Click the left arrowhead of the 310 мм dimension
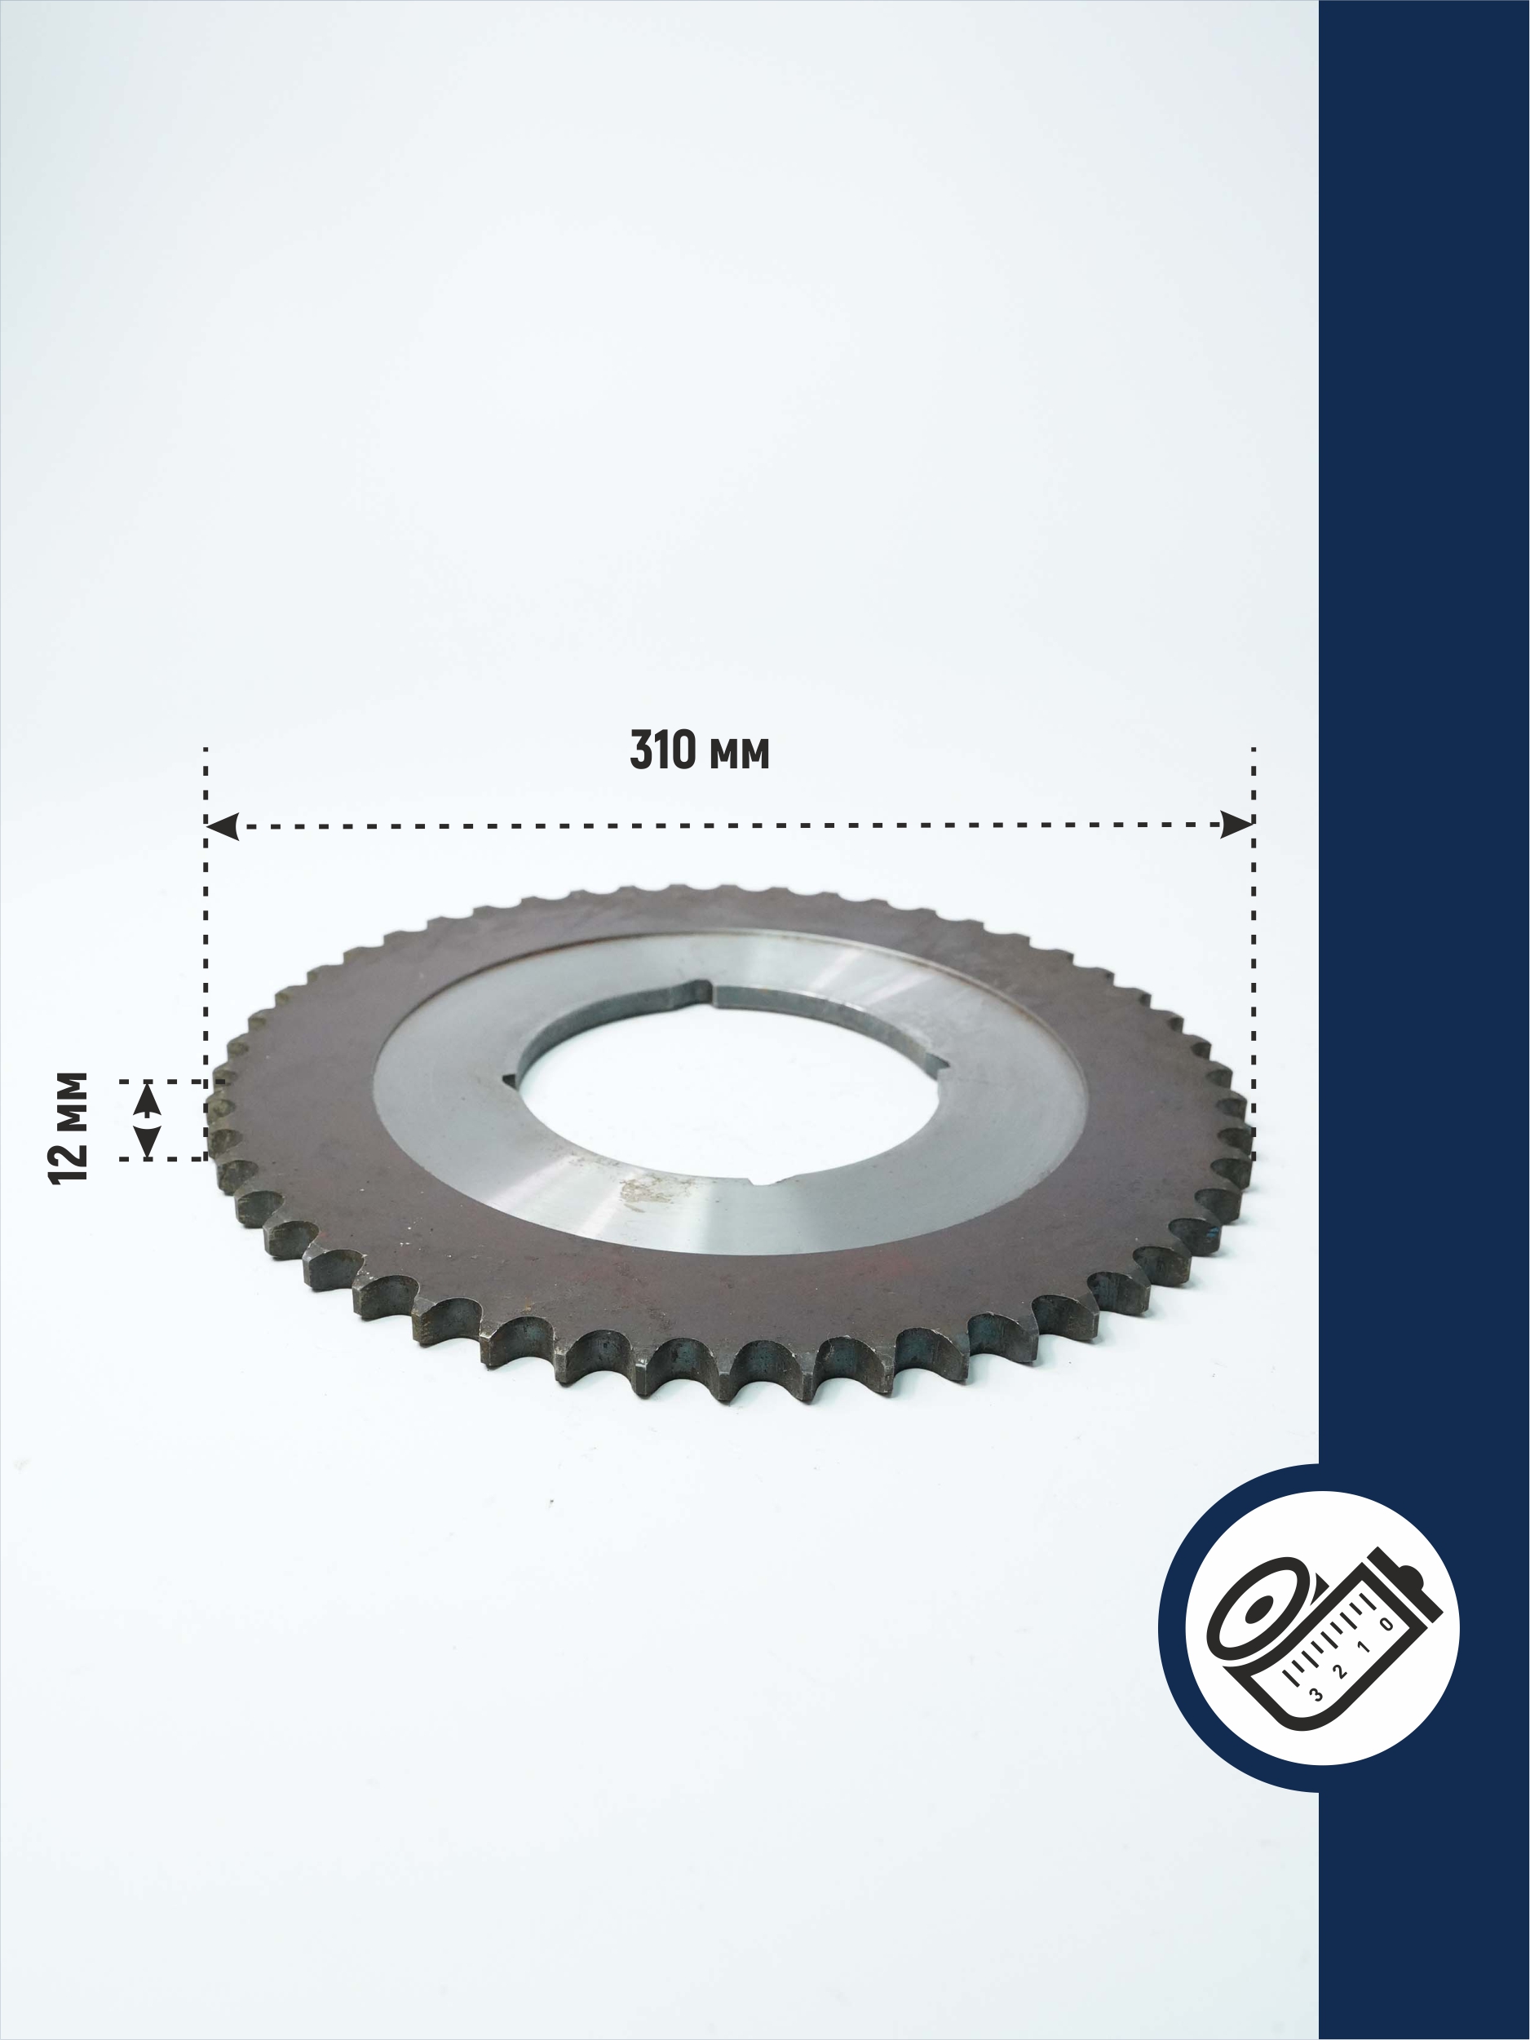coord(223,826)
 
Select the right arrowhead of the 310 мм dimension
coord(1236,825)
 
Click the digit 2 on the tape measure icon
coord(1339,1670)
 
